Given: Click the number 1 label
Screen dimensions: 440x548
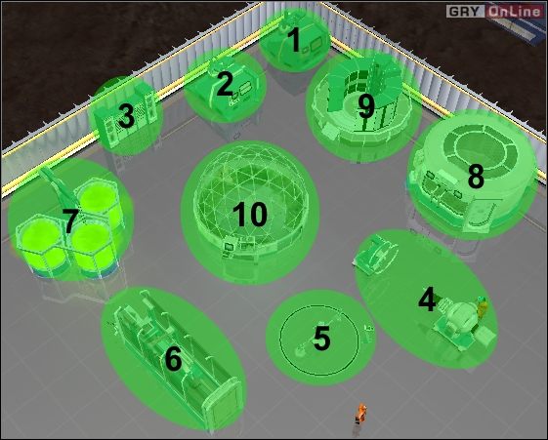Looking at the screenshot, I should click(292, 40).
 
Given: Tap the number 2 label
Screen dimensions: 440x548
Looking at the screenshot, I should click(225, 84).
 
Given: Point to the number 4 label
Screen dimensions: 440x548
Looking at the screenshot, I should click(427, 300).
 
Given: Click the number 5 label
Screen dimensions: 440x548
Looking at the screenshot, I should click(321, 339).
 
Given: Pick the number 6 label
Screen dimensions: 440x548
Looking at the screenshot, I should click(173, 359).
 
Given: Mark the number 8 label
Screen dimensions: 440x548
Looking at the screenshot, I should click(476, 177).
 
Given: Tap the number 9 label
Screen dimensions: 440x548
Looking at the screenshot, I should click(365, 105).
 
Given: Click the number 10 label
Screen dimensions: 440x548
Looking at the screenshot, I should click(250, 215).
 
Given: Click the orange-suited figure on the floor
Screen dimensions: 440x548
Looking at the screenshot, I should click(359, 415).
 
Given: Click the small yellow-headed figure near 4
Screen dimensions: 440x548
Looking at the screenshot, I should click(481, 306).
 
